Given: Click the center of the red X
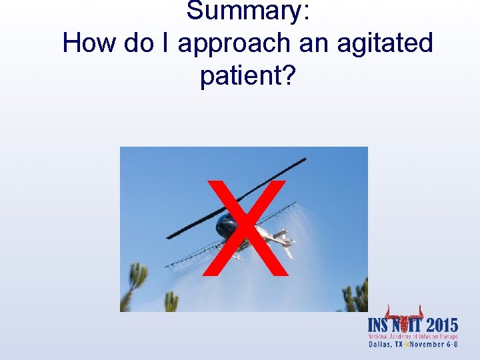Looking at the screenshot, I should [x=246, y=227].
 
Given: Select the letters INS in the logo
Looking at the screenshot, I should [x=381, y=326].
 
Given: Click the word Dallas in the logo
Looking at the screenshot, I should [x=379, y=345].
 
